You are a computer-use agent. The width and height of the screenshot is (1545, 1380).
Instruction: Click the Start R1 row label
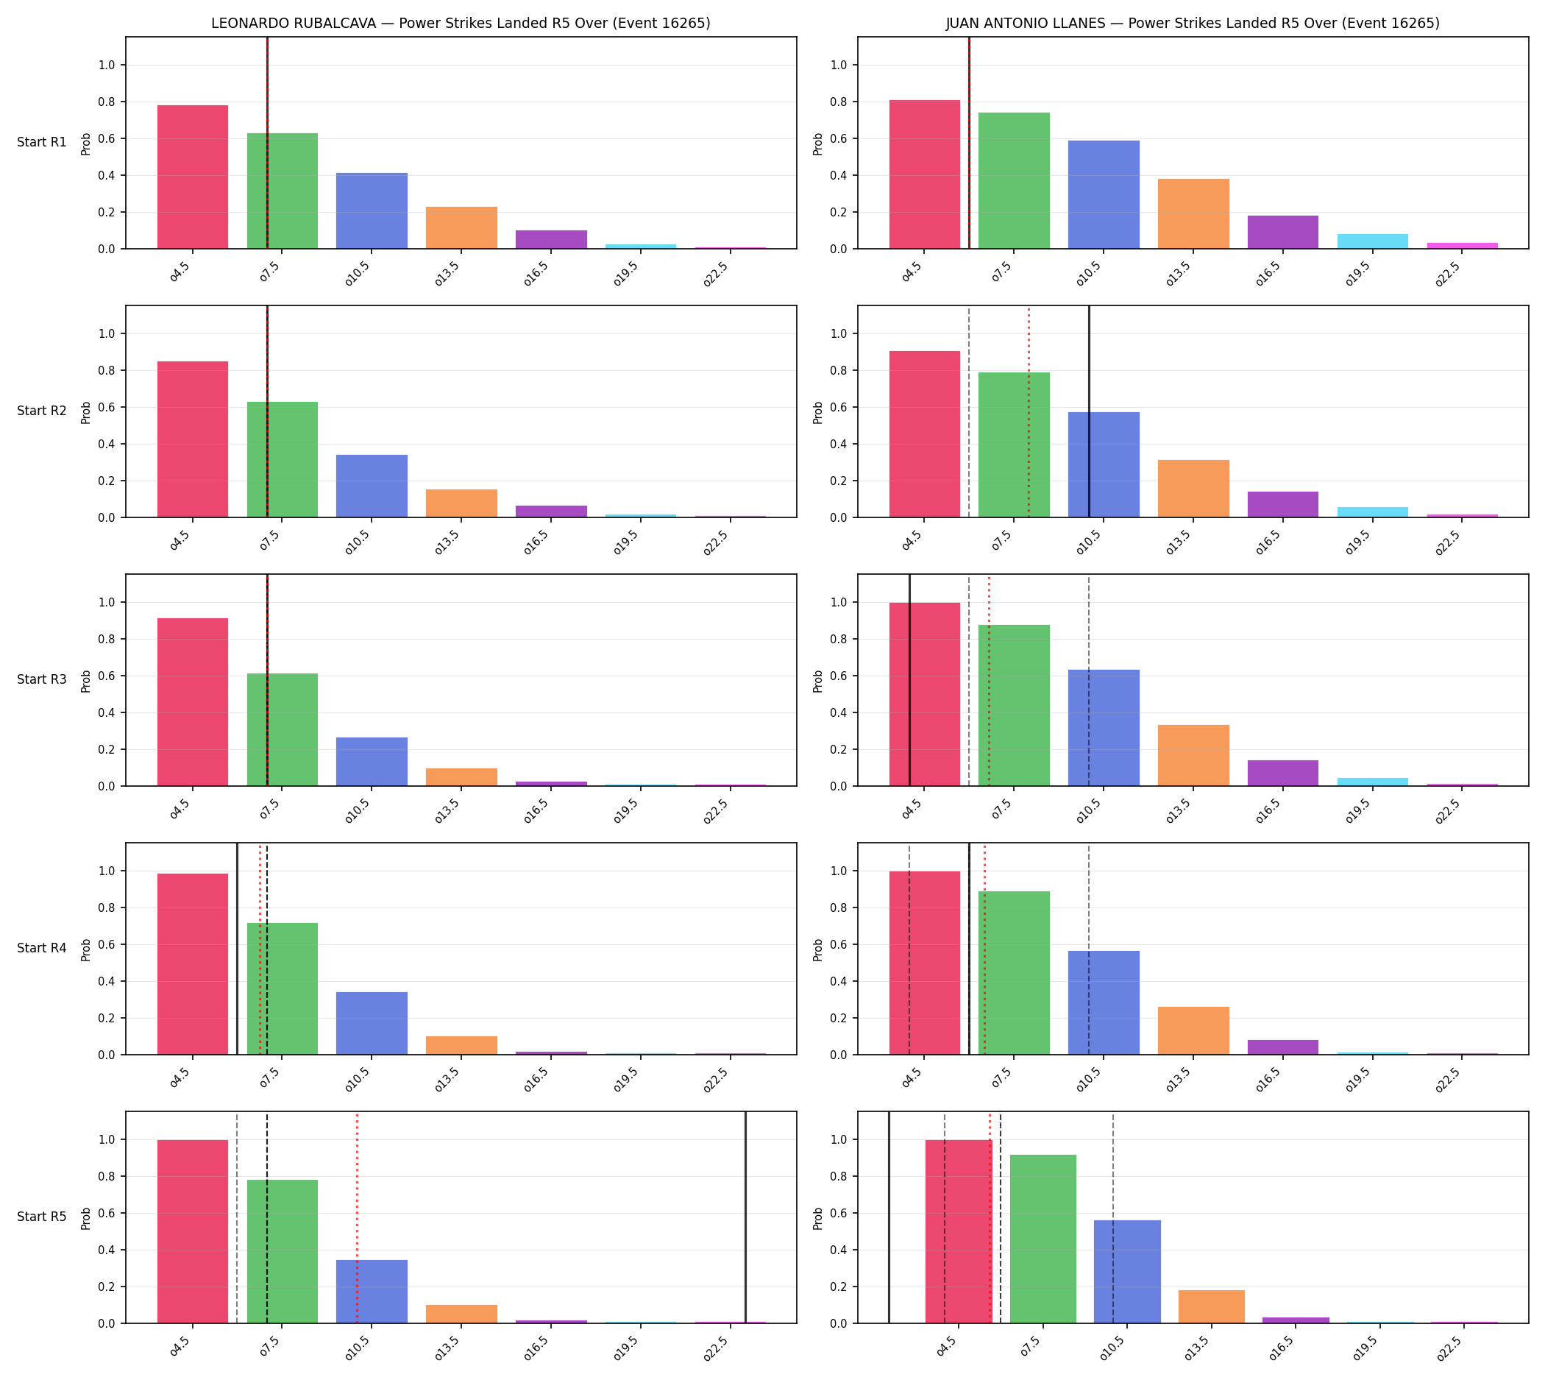tap(42, 142)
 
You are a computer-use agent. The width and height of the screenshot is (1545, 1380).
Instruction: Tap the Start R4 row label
tap(42, 948)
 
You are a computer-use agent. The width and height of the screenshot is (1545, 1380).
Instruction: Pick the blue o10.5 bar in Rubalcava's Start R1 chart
tap(372, 210)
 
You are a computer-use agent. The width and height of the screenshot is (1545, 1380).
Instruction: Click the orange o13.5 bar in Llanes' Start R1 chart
tap(1193, 214)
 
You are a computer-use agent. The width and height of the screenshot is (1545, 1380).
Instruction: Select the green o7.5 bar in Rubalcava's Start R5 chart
tap(282, 1252)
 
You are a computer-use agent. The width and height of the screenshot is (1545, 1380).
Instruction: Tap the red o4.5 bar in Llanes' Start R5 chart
tap(958, 1232)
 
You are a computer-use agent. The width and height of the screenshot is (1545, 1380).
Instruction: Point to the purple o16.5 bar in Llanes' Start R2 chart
tap(1282, 504)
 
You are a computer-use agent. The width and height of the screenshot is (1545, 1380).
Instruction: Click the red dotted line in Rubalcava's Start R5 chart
tap(357, 1218)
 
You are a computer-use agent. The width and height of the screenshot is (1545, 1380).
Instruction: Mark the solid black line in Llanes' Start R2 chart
tap(1090, 411)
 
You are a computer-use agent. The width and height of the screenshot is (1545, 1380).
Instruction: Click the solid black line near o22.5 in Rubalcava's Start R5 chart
tap(745, 1218)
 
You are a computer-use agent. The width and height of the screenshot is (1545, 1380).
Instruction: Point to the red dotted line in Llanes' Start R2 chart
tap(1029, 411)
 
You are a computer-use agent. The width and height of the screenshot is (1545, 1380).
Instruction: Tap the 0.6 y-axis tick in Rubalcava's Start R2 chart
tap(107, 407)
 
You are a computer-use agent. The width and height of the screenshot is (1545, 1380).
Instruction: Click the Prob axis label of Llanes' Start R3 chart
tap(817, 681)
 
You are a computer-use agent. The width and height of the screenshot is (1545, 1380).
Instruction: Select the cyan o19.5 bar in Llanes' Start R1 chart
tap(1372, 241)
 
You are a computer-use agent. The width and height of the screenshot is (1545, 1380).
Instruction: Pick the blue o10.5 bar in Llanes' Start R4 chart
tap(1104, 1002)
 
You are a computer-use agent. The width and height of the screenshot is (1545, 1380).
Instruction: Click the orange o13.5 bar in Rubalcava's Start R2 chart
tap(461, 503)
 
